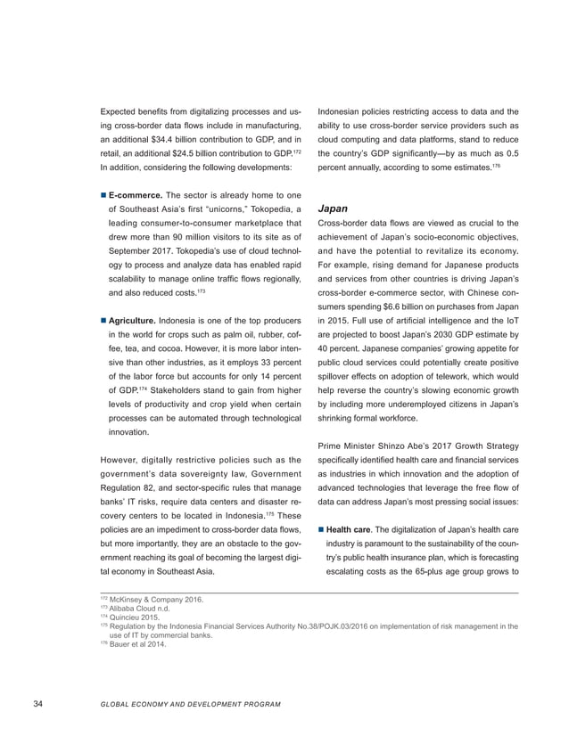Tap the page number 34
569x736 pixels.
pos(37,705)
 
